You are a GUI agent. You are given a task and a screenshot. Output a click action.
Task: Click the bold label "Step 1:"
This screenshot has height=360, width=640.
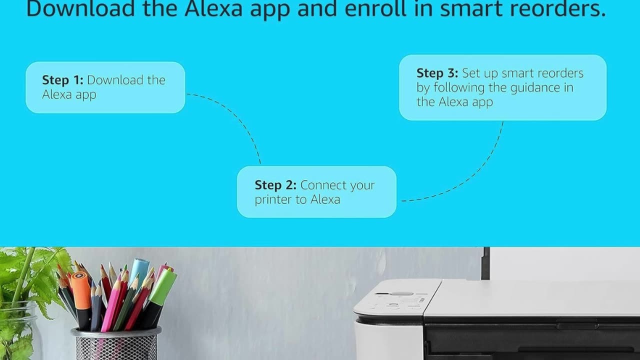click(x=62, y=80)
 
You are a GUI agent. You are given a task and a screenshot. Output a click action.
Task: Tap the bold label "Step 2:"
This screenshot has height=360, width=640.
click(x=275, y=185)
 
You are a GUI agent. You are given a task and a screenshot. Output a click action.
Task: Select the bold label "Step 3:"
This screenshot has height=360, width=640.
click(x=437, y=73)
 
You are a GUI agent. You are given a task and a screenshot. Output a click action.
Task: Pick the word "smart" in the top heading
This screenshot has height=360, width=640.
click(x=471, y=9)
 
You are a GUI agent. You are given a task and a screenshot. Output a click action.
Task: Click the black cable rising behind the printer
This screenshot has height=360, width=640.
click(x=485, y=263)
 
